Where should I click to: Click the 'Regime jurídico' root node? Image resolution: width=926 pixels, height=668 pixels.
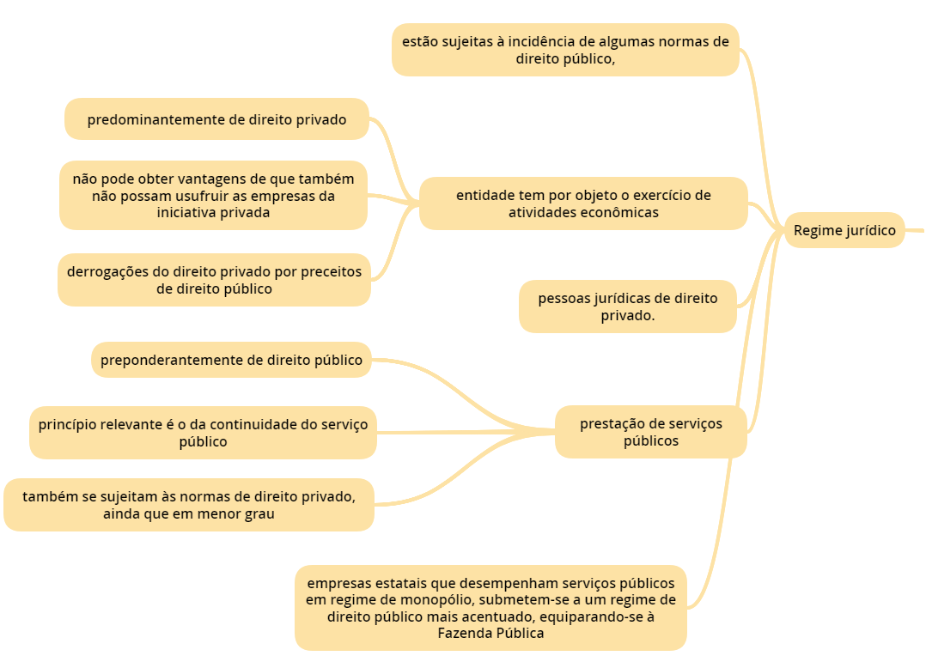(x=844, y=230)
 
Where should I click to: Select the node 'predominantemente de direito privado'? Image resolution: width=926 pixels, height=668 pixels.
(x=216, y=119)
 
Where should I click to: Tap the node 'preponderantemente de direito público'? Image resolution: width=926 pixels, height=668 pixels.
(x=231, y=360)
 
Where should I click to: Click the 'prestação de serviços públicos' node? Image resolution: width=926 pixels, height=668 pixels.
(x=650, y=432)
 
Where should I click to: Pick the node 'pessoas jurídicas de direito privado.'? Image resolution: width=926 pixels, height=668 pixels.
(x=627, y=307)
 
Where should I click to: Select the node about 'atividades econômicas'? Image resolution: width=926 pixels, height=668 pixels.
(x=583, y=203)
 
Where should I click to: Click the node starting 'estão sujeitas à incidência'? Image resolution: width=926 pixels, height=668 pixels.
(x=565, y=50)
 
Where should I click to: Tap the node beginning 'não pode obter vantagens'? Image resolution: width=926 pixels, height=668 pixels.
(x=213, y=196)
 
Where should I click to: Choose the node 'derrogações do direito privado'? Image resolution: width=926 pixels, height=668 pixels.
(x=214, y=280)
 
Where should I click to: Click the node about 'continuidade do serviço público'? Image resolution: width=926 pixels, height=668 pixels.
(x=203, y=433)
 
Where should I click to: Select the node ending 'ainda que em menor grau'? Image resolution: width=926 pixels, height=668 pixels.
(x=189, y=505)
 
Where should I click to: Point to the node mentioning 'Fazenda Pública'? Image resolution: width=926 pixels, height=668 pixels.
(x=490, y=608)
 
